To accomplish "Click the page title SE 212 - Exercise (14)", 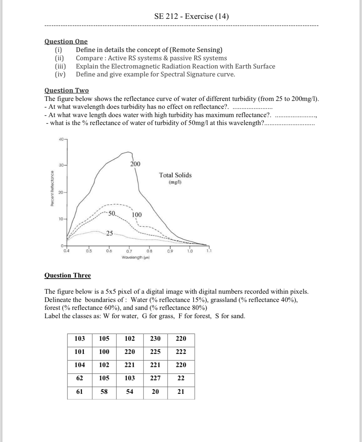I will (192, 16).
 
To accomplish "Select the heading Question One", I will (66, 41).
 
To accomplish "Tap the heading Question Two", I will (67, 90).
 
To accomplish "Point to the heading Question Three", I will (67, 275).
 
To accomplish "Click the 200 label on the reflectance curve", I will (135, 164).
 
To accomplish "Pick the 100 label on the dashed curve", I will (137, 215).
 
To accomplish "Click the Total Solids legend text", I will (175, 175).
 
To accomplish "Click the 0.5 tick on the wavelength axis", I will (88, 250).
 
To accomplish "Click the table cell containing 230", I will (156, 338).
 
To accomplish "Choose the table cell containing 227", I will (156, 378).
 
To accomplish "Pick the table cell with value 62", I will (80, 378).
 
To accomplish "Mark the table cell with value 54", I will (130, 392).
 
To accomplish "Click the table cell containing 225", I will (156, 352).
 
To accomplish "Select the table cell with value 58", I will (104, 392).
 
